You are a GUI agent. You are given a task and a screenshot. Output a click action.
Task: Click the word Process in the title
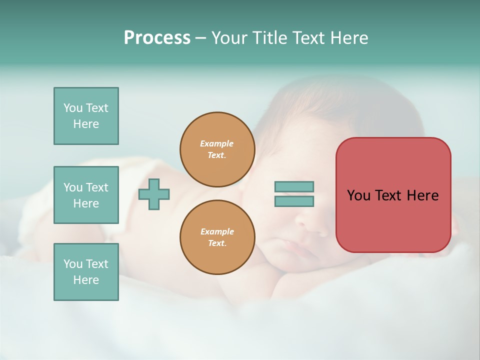click(x=157, y=38)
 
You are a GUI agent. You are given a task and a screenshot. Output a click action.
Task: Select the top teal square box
click(x=86, y=116)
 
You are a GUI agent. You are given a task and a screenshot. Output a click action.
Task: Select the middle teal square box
click(x=86, y=195)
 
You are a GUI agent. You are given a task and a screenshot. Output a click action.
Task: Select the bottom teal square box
click(x=86, y=272)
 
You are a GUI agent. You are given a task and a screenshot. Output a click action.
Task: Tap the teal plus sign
click(x=154, y=194)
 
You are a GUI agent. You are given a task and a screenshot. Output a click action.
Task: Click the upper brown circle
click(x=217, y=149)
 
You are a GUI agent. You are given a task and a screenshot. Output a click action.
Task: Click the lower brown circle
click(x=217, y=237)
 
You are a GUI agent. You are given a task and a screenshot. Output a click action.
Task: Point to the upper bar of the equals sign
click(x=294, y=186)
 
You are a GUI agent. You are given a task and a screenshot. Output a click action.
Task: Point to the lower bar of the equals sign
click(x=294, y=201)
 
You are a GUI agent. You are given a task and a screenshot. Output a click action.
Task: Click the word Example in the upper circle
click(x=217, y=143)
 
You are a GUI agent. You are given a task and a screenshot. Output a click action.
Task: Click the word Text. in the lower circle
click(x=217, y=243)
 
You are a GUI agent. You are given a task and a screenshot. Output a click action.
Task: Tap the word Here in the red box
click(x=422, y=195)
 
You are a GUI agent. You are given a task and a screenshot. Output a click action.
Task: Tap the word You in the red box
click(x=359, y=195)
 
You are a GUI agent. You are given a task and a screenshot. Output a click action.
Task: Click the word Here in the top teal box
click(x=86, y=124)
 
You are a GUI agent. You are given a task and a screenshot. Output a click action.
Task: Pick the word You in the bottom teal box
click(x=73, y=264)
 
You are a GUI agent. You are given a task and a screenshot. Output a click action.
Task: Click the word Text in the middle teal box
click(x=97, y=187)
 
